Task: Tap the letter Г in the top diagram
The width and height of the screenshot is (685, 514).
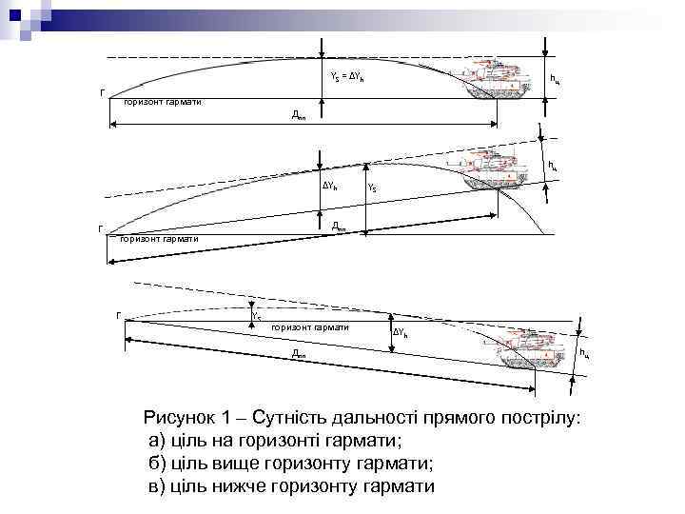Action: [102, 92]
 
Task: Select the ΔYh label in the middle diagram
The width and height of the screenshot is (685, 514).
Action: [328, 186]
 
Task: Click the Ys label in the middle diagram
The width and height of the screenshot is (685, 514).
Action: [372, 188]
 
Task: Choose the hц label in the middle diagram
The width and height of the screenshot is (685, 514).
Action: [553, 167]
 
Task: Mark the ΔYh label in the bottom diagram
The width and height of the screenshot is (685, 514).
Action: [401, 333]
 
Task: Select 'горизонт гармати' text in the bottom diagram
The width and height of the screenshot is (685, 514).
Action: [310, 327]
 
